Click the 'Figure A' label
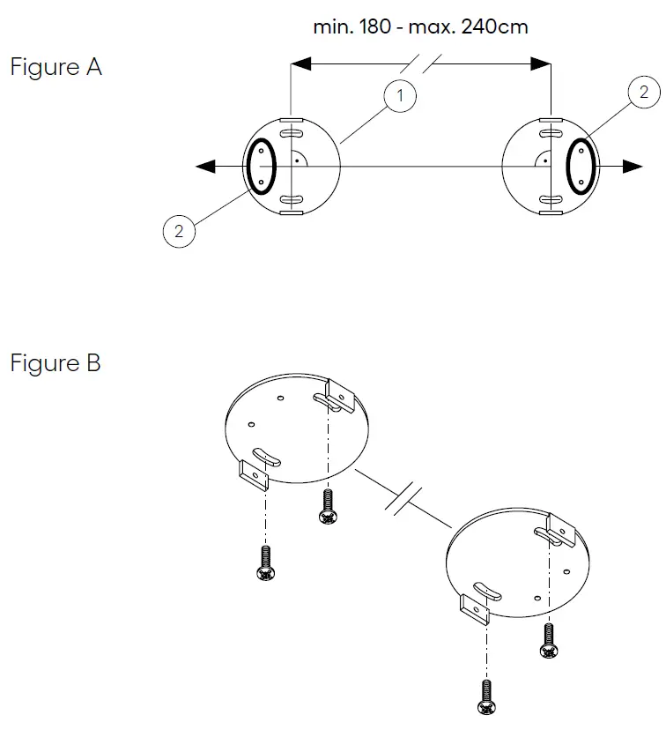point(55,68)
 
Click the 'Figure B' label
point(55,362)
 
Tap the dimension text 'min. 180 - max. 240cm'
point(420,26)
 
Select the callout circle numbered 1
point(400,95)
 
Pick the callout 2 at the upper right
point(644,92)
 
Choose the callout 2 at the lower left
point(179,231)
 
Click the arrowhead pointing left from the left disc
point(205,167)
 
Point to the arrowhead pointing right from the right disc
point(633,167)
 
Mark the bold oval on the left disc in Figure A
point(262,167)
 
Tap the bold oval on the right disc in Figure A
point(581,167)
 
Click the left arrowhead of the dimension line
point(301,63)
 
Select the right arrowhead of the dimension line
point(541,63)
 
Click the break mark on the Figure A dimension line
point(421,63)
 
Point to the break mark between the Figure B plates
point(403,501)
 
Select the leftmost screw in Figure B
point(265,562)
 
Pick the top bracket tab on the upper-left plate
point(341,396)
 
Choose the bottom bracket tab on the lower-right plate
point(476,610)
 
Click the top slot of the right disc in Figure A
point(551,134)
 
